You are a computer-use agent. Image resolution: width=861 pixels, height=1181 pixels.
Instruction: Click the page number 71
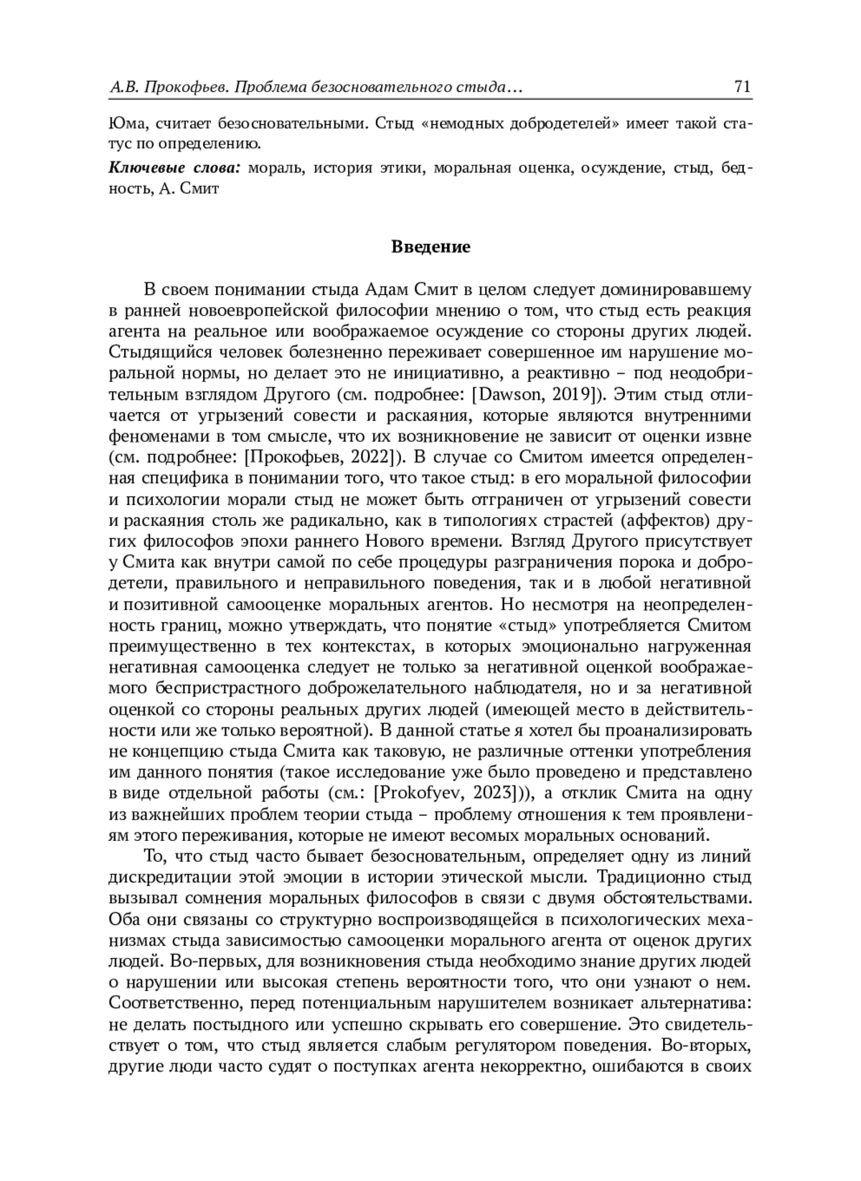coord(742,88)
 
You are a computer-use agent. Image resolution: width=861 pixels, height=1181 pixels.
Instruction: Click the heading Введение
coord(430,248)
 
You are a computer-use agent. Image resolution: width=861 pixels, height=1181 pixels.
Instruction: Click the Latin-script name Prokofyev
coord(424,794)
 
